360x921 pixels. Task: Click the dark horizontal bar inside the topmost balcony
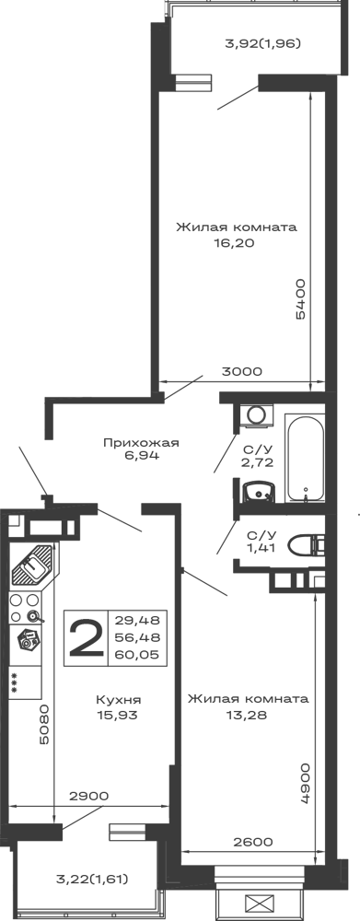[261, 43]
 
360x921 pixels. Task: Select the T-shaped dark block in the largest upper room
[235, 232]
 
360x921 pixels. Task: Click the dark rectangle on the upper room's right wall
[302, 297]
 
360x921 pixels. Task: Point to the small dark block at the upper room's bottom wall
[243, 367]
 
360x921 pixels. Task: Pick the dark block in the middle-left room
[144, 449]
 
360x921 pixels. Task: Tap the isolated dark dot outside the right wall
[356, 511]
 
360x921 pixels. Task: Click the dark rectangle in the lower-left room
[122, 706]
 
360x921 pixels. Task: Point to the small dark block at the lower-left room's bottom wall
[88, 795]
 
